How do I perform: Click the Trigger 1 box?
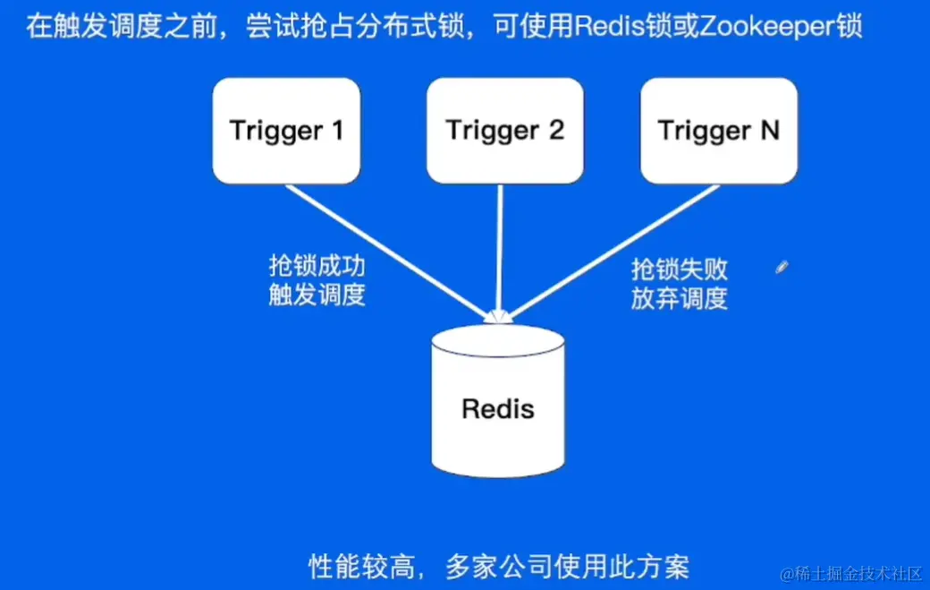(x=286, y=131)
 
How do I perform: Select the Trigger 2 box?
(x=504, y=131)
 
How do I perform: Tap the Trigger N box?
(x=719, y=131)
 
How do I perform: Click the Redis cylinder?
(x=498, y=401)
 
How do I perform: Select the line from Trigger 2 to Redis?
(x=500, y=252)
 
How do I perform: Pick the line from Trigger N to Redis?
(x=613, y=252)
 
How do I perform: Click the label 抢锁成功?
(x=317, y=266)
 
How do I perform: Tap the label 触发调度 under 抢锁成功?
(x=317, y=295)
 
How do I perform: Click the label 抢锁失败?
(x=679, y=269)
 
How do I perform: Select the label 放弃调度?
(x=679, y=298)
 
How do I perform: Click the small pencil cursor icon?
(x=782, y=267)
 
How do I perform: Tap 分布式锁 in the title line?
(x=410, y=27)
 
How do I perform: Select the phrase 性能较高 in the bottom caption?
(x=362, y=566)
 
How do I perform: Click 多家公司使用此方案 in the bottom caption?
(x=568, y=566)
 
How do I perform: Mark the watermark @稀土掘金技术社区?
(x=851, y=573)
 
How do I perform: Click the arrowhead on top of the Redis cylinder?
(x=498, y=317)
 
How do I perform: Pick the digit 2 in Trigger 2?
(x=555, y=130)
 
